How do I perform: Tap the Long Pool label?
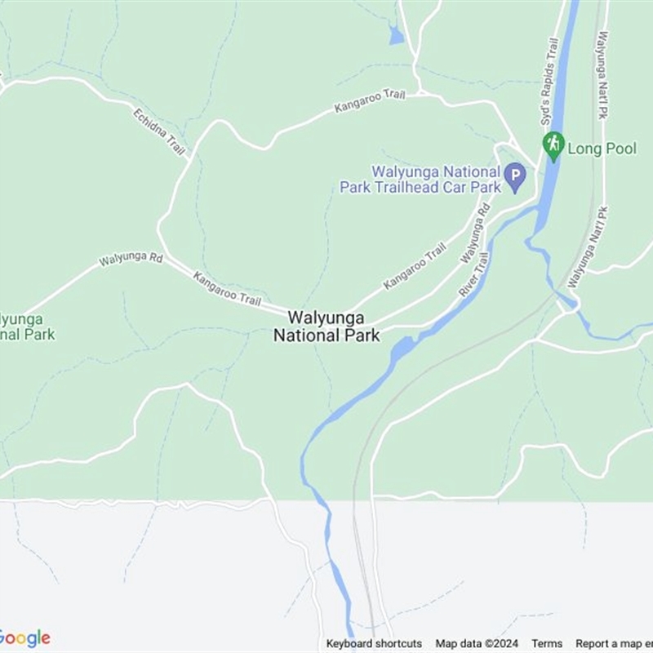point(602,149)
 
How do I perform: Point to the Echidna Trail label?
point(159,130)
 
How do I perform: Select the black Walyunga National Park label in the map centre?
point(326,326)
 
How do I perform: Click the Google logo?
point(24,637)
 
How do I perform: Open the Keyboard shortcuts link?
point(374,643)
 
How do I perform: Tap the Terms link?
point(547,643)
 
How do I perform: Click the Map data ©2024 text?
point(477,643)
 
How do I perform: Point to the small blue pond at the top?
point(396,36)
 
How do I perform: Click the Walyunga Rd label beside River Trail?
point(474,233)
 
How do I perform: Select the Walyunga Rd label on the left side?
point(131,259)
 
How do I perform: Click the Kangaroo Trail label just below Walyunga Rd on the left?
point(227,289)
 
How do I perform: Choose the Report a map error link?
point(614,643)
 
